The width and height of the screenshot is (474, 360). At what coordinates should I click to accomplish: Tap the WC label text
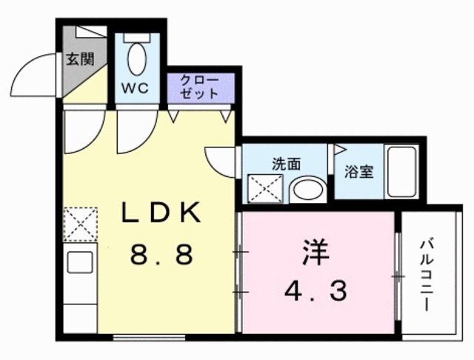coord(136,87)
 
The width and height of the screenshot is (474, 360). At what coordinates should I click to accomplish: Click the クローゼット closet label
coord(200,87)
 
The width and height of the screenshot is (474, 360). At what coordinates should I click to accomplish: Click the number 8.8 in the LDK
coord(161,256)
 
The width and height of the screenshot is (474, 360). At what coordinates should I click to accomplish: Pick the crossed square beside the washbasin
coord(264,187)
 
